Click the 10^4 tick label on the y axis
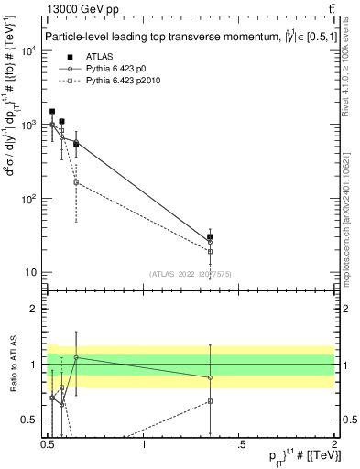click(29, 49)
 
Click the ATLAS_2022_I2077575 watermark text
click(191, 274)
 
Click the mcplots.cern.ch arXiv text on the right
click(353, 211)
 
